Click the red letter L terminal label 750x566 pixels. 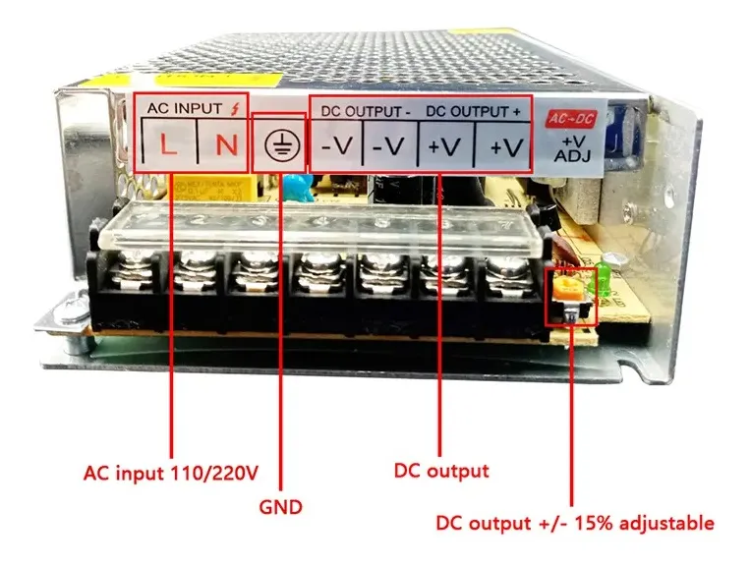168,146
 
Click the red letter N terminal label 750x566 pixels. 225,146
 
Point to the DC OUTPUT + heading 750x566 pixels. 474,111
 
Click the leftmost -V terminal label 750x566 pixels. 337,146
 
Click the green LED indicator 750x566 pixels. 605,278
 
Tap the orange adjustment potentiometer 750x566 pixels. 567,288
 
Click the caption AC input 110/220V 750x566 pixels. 170,473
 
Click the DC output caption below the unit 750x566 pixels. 440,471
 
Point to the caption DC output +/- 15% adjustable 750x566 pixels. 574,523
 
